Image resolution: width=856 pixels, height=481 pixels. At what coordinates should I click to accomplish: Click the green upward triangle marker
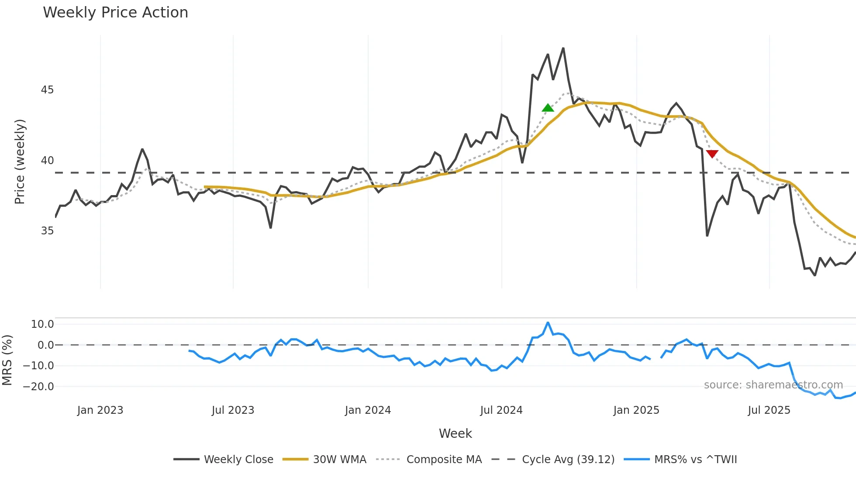[548, 108]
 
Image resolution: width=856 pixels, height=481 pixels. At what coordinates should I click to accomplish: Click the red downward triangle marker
[712, 154]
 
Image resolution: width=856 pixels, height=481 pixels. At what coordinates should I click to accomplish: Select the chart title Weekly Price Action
[115, 13]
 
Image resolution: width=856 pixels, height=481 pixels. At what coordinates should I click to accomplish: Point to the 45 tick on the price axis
[47, 90]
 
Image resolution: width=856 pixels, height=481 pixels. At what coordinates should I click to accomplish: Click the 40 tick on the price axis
[47, 161]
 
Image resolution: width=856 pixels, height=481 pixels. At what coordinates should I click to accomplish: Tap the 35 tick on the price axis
[47, 231]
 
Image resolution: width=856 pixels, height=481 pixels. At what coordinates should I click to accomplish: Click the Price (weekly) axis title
[20, 161]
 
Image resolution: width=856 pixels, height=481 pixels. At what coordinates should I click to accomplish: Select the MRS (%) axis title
[7, 360]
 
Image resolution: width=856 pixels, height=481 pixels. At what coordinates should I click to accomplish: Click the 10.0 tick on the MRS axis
[42, 324]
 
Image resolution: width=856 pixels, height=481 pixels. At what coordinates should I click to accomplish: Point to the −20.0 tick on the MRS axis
[38, 387]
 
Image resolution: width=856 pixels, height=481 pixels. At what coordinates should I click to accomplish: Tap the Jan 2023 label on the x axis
[100, 410]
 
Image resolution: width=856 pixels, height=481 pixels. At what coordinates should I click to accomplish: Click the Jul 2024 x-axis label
[501, 410]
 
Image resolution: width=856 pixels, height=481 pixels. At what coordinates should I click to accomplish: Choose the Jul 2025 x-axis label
[769, 410]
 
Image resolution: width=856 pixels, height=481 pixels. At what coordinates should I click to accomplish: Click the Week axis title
[455, 433]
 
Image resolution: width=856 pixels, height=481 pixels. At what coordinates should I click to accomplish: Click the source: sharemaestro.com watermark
[773, 385]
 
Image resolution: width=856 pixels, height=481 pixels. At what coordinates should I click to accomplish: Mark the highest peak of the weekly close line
[563, 48]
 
